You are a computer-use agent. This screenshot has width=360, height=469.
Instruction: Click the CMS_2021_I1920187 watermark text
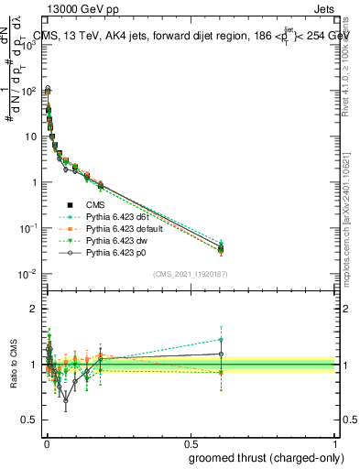pos(190,274)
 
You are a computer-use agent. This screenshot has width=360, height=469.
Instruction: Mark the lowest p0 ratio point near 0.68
pos(65,399)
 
